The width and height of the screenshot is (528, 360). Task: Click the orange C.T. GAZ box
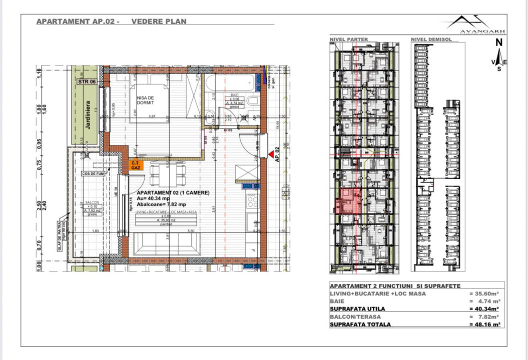coord(134,165)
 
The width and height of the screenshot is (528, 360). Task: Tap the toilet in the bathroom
coord(253,102)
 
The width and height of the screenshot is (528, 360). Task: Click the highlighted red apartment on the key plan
coord(347,202)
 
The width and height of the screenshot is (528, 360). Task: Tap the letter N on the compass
coord(498,43)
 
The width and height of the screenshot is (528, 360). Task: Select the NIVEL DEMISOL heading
coord(431,39)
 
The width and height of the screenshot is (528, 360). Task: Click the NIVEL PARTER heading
coord(348,39)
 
